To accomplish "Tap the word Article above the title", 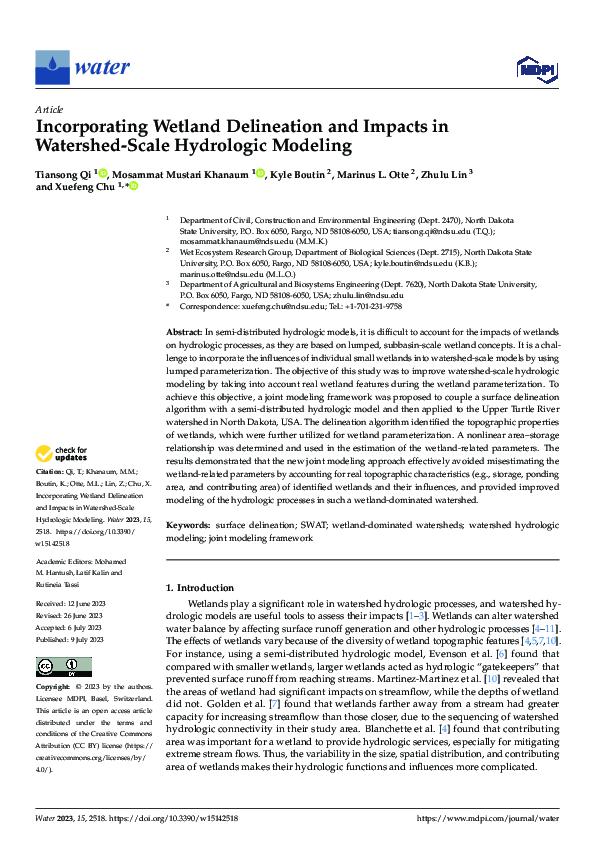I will point(49,109).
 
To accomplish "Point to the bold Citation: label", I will point(52,470).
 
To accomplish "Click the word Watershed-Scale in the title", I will point(113,146).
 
